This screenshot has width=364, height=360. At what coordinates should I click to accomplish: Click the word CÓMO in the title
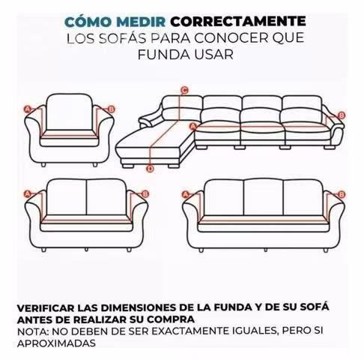[88, 21]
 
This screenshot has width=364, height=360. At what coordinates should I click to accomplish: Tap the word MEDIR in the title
[141, 22]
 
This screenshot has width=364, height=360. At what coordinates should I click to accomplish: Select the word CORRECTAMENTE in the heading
[238, 22]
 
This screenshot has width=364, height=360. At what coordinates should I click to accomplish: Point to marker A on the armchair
[28, 109]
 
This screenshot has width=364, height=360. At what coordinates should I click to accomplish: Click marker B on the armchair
[112, 109]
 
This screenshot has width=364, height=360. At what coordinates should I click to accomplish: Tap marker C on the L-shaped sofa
[184, 90]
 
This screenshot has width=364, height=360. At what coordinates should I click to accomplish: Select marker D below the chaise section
[150, 169]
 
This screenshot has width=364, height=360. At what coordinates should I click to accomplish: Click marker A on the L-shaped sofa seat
[192, 126]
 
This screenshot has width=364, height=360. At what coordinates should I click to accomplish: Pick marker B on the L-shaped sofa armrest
[342, 115]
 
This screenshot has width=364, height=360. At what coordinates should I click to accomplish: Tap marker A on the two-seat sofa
[28, 194]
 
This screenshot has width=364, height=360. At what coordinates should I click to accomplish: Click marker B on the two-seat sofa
[145, 194]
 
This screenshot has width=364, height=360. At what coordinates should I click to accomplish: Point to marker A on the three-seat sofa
[185, 194]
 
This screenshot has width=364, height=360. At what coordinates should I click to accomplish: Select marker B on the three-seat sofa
[342, 194]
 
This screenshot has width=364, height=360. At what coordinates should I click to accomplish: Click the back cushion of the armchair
[70, 112]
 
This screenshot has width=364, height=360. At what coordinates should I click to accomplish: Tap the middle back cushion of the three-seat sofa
[264, 197]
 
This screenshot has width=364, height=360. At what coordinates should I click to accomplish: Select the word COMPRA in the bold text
[171, 319]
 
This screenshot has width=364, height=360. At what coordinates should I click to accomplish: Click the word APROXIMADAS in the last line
[56, 343]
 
